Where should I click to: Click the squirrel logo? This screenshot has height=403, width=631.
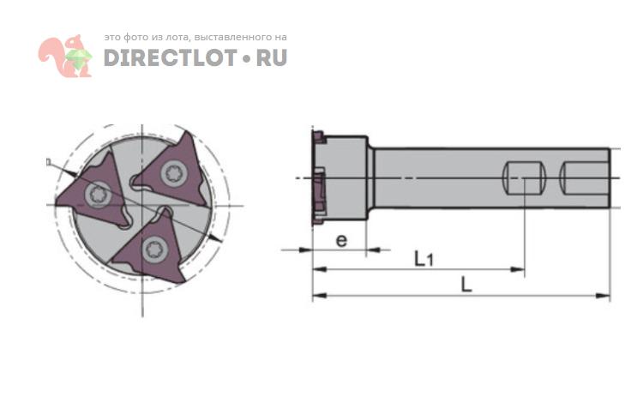[x=65, y=56]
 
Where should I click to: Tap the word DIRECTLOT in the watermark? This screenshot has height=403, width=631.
[x=170, y=57]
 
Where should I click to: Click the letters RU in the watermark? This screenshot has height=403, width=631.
[x=272, y=57]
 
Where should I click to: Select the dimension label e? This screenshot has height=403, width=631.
[x=341, y=240]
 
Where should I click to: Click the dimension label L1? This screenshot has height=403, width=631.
[x=424, y=258]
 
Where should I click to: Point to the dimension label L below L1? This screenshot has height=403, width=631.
[x=466, y=285]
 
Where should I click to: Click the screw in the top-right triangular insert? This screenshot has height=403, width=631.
[x=174, y=173]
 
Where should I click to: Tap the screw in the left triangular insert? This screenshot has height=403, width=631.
[x=99, y=195]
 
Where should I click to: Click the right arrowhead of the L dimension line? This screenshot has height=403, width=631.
[x=604, y=296]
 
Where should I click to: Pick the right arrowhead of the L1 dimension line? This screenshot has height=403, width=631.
[x=518, y=269]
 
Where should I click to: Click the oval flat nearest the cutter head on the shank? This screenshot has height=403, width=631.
[x=525, y=178]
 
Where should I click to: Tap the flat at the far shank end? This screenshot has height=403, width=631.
[x=585, y=178]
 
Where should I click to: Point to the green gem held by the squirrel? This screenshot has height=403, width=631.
[x=78, y=57]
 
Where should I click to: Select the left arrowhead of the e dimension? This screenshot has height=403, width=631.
[x=305, y=250]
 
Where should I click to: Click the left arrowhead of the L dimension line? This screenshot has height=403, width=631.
[x=320, y=296]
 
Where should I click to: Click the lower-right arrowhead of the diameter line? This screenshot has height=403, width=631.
[x=216, y=238]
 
